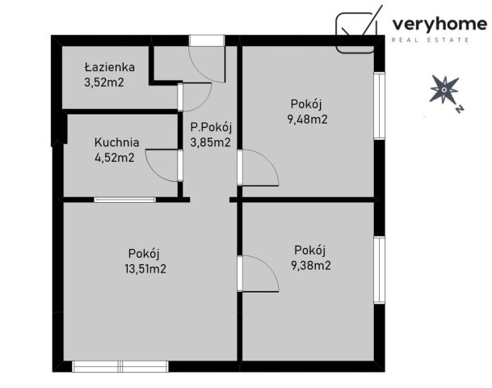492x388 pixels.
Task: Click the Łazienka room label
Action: click(x=110, y=68)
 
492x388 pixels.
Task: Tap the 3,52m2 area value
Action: click(x=104, y=82)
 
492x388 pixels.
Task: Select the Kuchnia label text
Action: click(x=116, y=142)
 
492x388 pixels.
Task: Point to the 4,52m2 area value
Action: click(x=114, y=157)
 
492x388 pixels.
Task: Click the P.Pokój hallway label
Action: click(x=211, y=128)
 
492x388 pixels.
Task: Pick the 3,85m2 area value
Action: click(x=211, y=142)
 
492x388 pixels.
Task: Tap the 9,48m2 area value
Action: click(x=307, y=119)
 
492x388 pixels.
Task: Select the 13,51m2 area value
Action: click(x=146, y=269)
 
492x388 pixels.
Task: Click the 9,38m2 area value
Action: click(x=311, y=264)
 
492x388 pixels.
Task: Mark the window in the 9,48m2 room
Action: click(x=378, y=108)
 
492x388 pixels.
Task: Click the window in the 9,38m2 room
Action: click(x=378, y=269)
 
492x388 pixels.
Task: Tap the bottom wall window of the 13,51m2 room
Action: click(x=120, y=366)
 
